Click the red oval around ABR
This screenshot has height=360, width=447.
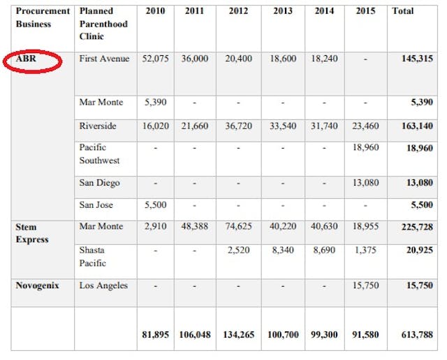coord(33,61)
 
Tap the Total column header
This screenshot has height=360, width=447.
coord(402,12)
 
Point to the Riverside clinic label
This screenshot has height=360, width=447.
coord(98,126)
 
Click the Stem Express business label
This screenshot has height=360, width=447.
coord(32,233)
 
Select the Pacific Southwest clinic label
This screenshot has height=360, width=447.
coord(100,154)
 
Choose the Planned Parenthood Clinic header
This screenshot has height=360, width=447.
coord(102,22)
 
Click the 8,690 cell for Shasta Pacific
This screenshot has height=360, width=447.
coord(324,249)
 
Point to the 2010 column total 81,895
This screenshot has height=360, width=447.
coord(154,336)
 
